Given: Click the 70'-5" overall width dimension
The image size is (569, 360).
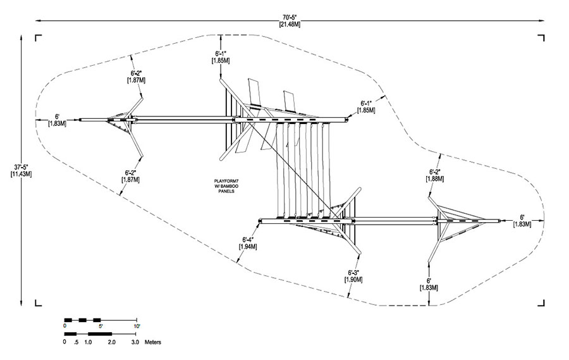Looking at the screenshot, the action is point(290,17).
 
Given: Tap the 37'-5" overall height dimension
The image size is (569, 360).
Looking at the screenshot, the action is point(21,167).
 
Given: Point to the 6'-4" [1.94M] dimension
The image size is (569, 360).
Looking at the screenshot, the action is point(248,243).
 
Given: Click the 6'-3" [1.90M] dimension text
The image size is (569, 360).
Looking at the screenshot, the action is point(353,276).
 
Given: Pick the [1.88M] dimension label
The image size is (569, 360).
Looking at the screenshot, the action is point(435,178).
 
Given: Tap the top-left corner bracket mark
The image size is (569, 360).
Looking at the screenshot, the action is point(38,38).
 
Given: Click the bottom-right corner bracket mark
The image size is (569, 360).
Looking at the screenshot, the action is point(541,303).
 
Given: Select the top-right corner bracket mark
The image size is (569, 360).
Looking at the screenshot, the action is point(541,38).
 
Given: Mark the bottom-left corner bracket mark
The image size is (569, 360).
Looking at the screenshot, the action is point(38,303).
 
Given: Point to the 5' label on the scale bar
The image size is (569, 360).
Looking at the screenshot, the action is point(101,326).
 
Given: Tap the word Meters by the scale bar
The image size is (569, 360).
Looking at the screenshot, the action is point(153,342).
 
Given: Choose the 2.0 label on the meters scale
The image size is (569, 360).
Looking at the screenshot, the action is point(112,342).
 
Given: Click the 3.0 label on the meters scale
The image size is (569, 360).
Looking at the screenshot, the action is point(135,342).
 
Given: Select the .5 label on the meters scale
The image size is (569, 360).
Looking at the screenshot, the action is point(76,342).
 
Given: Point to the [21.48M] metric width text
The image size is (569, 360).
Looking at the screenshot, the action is point(290,25).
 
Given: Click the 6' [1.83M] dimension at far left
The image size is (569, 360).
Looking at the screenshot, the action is point(58,120).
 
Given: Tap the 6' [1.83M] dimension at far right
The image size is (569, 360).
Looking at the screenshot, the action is point(522,221).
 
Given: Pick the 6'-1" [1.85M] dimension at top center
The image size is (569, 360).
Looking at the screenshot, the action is point(221,57).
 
